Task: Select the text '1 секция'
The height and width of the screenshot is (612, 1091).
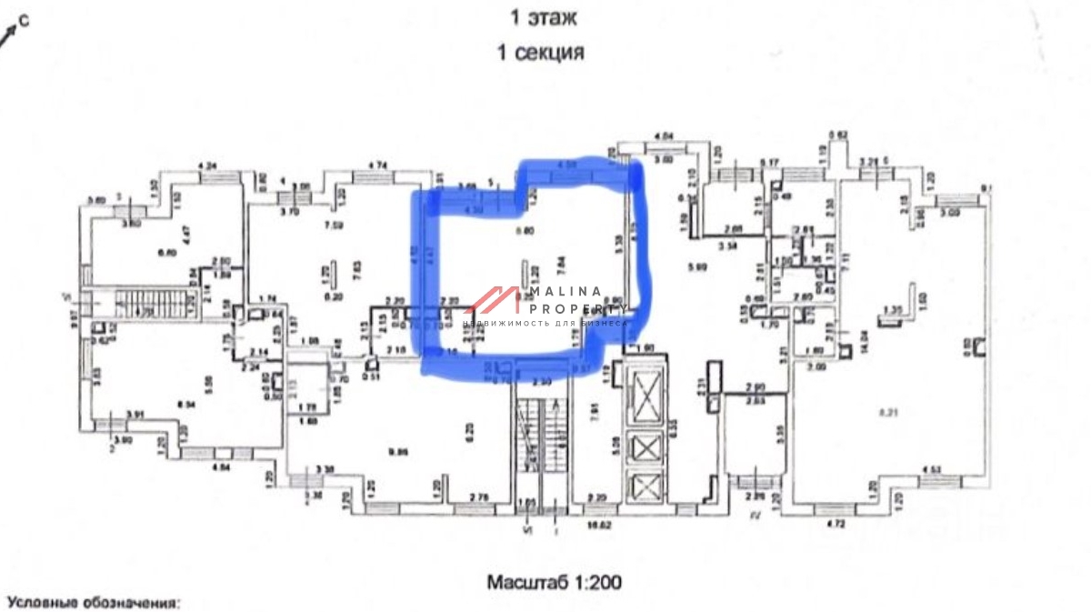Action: click(x=540, y=53)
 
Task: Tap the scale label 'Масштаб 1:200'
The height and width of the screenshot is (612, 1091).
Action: click(x=554, y=579)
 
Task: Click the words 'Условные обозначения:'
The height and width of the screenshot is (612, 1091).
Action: click(x=94, y=602)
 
